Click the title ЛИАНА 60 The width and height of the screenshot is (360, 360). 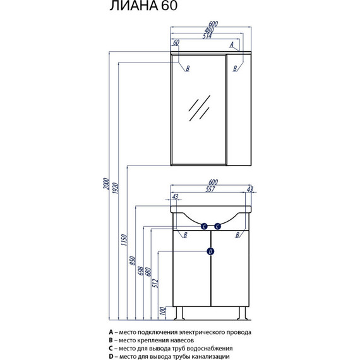143,6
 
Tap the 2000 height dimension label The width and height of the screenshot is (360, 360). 105,183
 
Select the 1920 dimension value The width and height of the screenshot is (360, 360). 116,188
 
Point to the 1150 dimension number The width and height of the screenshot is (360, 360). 124,240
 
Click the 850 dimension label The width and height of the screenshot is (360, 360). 133,261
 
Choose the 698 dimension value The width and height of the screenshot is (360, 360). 140,271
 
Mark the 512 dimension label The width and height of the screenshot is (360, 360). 155,283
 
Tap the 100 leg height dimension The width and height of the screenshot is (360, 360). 162,311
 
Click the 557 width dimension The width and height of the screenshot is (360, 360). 210,189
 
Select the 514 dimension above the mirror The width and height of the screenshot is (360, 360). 207,36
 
